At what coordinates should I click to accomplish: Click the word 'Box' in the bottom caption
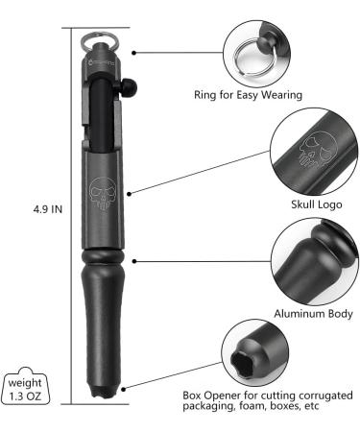pos(193,394)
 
